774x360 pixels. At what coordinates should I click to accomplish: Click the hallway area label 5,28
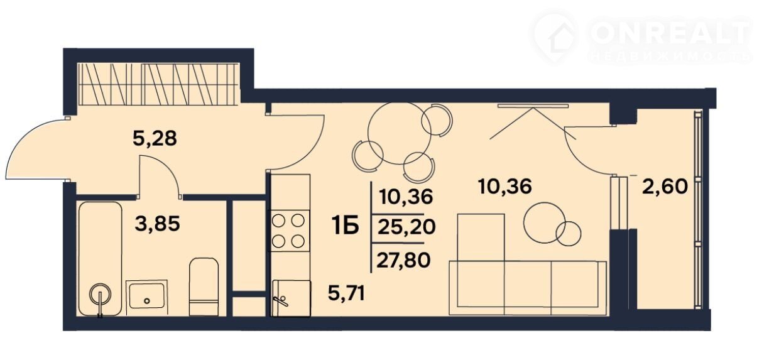155,139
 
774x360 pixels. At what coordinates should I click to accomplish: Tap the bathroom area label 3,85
158,224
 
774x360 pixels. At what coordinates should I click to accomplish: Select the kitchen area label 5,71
346,293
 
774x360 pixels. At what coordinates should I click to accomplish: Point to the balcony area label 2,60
665,187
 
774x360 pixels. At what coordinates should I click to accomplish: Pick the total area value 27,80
403,260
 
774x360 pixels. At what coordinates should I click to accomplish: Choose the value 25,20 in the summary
406,227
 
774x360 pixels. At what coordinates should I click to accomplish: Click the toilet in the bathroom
204,286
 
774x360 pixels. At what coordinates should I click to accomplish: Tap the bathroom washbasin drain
147,300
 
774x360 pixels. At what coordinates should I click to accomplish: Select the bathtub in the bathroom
101,259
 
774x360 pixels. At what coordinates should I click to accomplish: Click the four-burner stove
289,231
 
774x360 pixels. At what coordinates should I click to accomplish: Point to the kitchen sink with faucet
291,298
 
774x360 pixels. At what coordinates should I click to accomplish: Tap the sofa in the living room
527,288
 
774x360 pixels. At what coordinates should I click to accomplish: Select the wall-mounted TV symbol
533,106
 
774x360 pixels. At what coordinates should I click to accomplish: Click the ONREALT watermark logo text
669,34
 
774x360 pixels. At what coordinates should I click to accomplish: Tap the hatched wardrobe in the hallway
158,84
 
